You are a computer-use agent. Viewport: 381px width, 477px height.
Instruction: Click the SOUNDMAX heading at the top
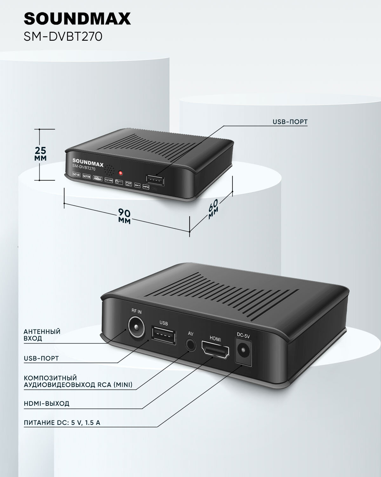[x=77, y=19]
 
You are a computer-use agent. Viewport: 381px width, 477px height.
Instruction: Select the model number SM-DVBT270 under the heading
[x=63, y=37]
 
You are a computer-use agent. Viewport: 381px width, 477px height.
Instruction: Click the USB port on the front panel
[x=156, y=180]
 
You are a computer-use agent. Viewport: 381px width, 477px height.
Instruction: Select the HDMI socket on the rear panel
[x=215, y=351]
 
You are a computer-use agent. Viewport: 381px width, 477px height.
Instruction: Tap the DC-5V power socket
[x=244, y=351]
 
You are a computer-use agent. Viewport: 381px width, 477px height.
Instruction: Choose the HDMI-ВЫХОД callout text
[x=46, y=404]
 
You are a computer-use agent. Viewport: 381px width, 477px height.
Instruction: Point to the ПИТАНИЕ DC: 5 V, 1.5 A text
[x=62, y=423]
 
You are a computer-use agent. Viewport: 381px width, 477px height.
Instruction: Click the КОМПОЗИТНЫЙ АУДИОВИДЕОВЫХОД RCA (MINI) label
[x=78, y=382]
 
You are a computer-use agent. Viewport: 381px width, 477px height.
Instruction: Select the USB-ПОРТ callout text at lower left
[x=41, y=358]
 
